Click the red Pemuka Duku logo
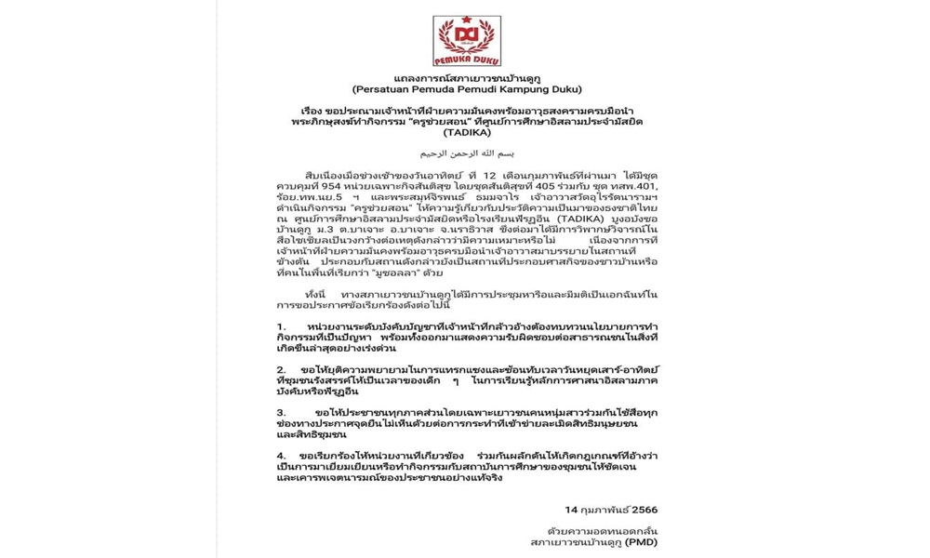(467, 41)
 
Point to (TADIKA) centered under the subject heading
(467, 132)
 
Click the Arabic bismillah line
(469, 151)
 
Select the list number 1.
(281, 327)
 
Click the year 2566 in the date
(644, 510)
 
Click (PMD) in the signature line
(641, 541)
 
